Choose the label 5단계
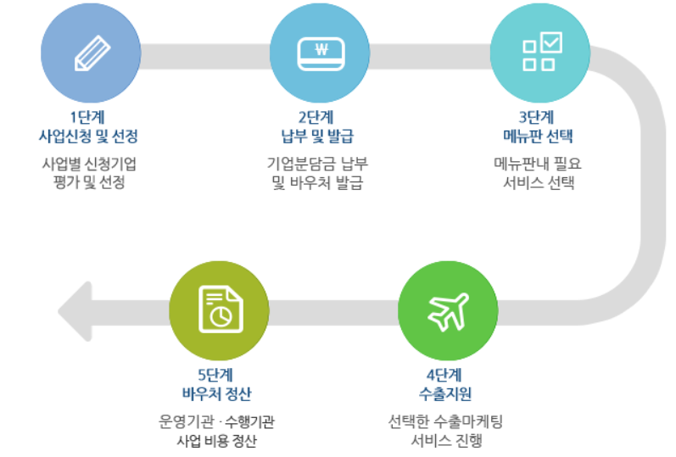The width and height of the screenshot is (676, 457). (x=219, y=376)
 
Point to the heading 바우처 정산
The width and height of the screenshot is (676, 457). (x=219, y=394)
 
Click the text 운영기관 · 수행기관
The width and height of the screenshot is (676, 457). (x=219, y=421)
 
